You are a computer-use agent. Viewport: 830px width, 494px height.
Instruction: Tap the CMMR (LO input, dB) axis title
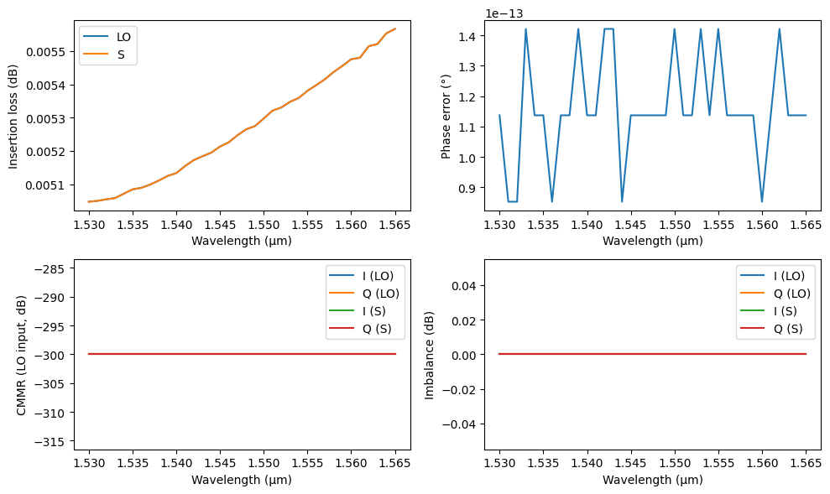point(21,355)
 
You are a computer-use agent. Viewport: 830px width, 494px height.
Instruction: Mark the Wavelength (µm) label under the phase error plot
point(652,241)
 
